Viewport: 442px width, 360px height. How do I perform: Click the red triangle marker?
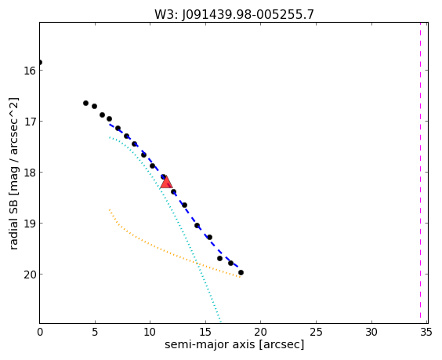[166, 183]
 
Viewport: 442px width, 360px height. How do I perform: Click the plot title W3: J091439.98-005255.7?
[234, 15]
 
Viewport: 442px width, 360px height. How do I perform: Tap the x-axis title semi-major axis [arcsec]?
[234, 344]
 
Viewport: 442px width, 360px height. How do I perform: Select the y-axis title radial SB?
[13, 224]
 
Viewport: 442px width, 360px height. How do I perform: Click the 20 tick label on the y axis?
[30, 275]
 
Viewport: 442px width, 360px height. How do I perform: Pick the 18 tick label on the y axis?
[30, 173]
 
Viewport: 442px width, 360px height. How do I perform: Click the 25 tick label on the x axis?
[316, 333]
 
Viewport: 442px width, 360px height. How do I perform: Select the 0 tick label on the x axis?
[40, 333]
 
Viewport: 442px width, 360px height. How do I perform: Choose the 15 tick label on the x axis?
[205, 333]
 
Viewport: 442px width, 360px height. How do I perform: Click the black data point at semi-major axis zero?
[40, 62]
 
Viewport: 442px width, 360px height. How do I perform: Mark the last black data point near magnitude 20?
[241, 272]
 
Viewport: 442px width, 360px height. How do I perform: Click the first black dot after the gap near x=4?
[85, 104]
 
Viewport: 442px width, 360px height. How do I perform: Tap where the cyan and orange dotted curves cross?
[198, 264]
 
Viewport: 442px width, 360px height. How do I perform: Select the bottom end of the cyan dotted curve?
[221, 322]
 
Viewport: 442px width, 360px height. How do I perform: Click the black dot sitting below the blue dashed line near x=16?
[219, 258]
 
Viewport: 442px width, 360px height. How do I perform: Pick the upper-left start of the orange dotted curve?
[110, 210]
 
